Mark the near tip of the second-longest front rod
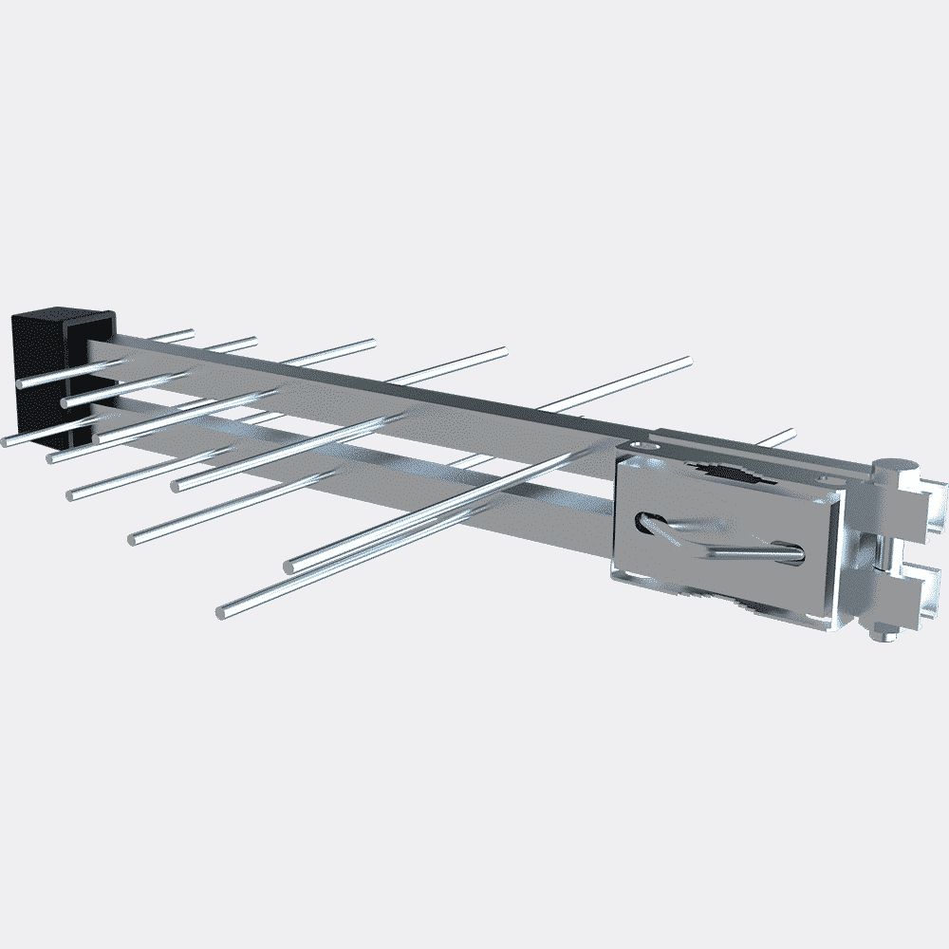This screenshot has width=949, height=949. pyautogui.click(x=290, y=566)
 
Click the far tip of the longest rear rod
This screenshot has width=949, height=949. pyautogui.click(x=685, y=362)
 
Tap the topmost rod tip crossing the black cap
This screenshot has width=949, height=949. pyautogui.click(x=25, y=382)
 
